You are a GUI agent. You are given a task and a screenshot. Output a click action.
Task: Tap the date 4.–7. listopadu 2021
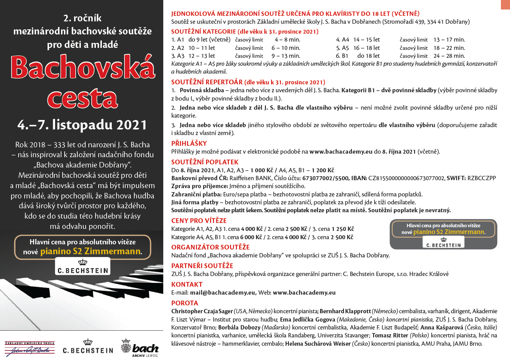click(82, 125)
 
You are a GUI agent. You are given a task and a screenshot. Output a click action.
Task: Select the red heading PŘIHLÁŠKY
click(189, 143)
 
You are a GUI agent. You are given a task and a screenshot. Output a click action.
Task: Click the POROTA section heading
click(185, 303)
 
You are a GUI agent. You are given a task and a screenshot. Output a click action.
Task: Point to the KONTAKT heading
click(187, 284)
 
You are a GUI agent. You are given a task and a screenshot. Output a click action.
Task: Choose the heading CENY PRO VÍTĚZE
click(199, 221)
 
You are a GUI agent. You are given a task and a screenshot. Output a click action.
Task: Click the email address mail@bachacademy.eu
click(222, 293)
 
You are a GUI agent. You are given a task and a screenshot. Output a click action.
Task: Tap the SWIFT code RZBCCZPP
click(481, 178)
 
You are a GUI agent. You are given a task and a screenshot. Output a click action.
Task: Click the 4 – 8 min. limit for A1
click(287, 40)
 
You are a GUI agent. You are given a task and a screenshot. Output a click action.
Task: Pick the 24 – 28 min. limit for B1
click(449, 56)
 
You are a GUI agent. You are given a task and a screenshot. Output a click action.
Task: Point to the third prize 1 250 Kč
click(343, 229)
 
